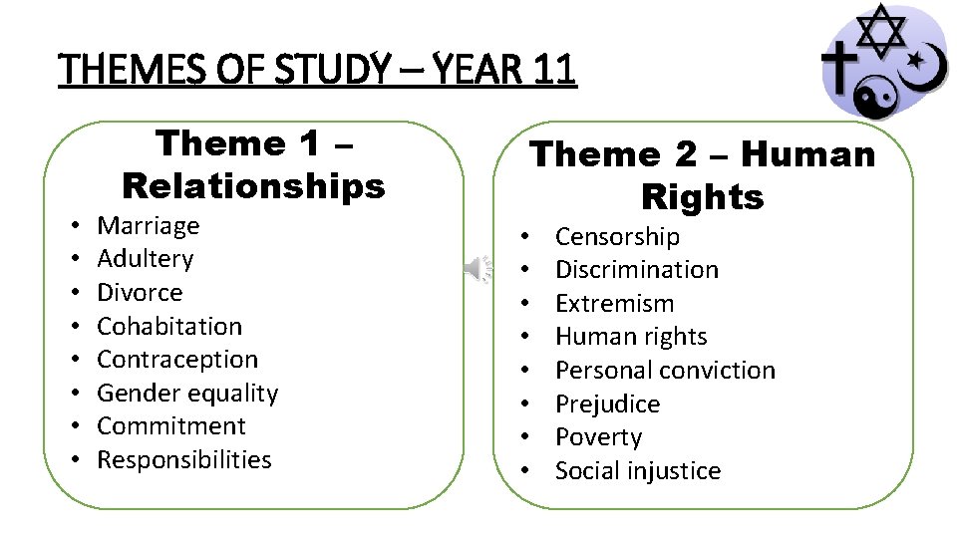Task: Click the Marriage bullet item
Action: [148, 226]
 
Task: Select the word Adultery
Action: [145, 259]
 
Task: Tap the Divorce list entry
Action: [140, 293]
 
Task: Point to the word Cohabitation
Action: [169, 326]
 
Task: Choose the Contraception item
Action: [177, 360]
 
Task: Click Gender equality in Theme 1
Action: [187, 394]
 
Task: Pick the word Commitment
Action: [171, 426]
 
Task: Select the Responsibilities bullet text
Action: [184, 460]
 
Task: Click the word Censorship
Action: [617, 237]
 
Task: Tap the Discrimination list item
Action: [636, 270]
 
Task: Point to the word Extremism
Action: [614, 304]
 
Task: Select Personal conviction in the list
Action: [665, 371]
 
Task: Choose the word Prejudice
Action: [607, 404]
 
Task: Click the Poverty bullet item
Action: [598, 437]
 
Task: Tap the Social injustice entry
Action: [637, 471]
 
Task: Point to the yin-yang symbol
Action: [877, 92]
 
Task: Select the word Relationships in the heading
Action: [253, 185]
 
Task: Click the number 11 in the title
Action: [554, 71]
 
